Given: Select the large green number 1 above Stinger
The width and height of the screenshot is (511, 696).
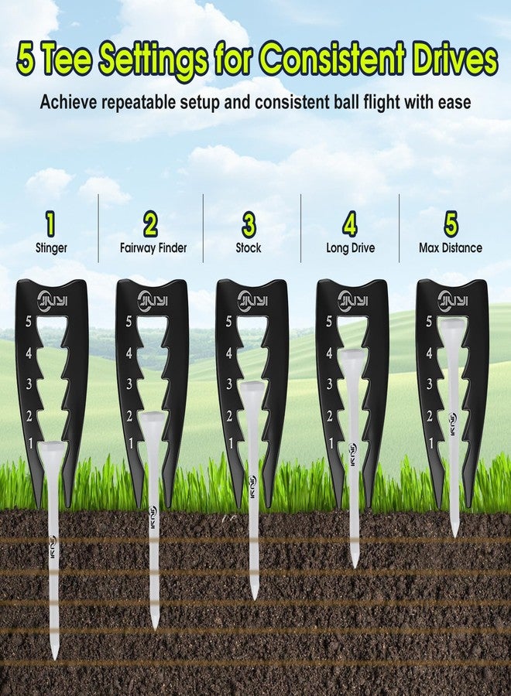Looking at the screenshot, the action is pos(51,224).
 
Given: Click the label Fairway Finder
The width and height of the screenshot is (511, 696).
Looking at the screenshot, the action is pos(153,247).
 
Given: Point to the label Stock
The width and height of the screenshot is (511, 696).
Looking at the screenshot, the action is pos(249,247).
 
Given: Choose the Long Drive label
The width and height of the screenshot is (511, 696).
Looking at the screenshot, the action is pos(351,247).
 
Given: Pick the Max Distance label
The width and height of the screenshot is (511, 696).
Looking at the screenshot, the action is pos(451,247).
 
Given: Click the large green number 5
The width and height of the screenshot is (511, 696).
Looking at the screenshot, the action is pos(451,224).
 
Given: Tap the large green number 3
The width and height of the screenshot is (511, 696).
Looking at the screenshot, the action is pos(249,224).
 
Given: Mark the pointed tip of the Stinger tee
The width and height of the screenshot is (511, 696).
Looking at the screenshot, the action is pos(55,658).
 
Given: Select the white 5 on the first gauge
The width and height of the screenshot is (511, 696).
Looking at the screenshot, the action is pos(29,322).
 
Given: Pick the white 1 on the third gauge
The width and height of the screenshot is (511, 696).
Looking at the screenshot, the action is pos(231,442).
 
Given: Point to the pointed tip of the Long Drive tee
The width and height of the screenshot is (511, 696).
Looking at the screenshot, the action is pos(355,565).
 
